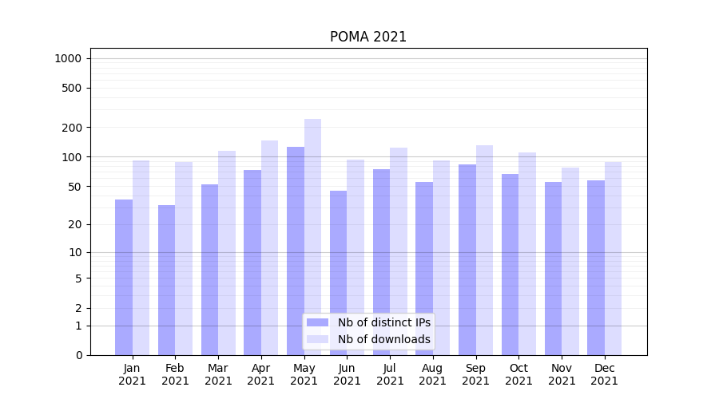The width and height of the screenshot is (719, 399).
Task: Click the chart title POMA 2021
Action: tap(368, 37)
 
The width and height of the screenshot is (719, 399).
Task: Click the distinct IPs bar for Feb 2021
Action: tap(166, 279)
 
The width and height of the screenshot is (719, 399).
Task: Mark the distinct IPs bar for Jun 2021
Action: tap(338, 272)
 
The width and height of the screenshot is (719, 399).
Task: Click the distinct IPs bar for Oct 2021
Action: tap(510, 264)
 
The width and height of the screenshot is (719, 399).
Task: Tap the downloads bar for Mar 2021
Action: tap(227, 252)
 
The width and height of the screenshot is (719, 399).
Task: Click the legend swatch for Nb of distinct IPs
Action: tap(318, 322)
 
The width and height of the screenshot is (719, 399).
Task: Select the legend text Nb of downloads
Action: tap(384, 339)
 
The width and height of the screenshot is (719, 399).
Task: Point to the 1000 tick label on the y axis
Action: tap(68, 58)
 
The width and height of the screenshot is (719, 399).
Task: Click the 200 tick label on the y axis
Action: tap(72, 128)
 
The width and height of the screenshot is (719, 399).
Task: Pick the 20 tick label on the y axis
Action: tap(74, 224)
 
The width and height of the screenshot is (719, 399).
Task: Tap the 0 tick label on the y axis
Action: tap(78, 355)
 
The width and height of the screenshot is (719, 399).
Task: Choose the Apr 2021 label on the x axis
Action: tap(261, 374)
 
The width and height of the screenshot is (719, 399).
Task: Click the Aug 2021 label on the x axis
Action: tap(433, 374)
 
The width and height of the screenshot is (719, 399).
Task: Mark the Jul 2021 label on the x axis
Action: tap(390, 374)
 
